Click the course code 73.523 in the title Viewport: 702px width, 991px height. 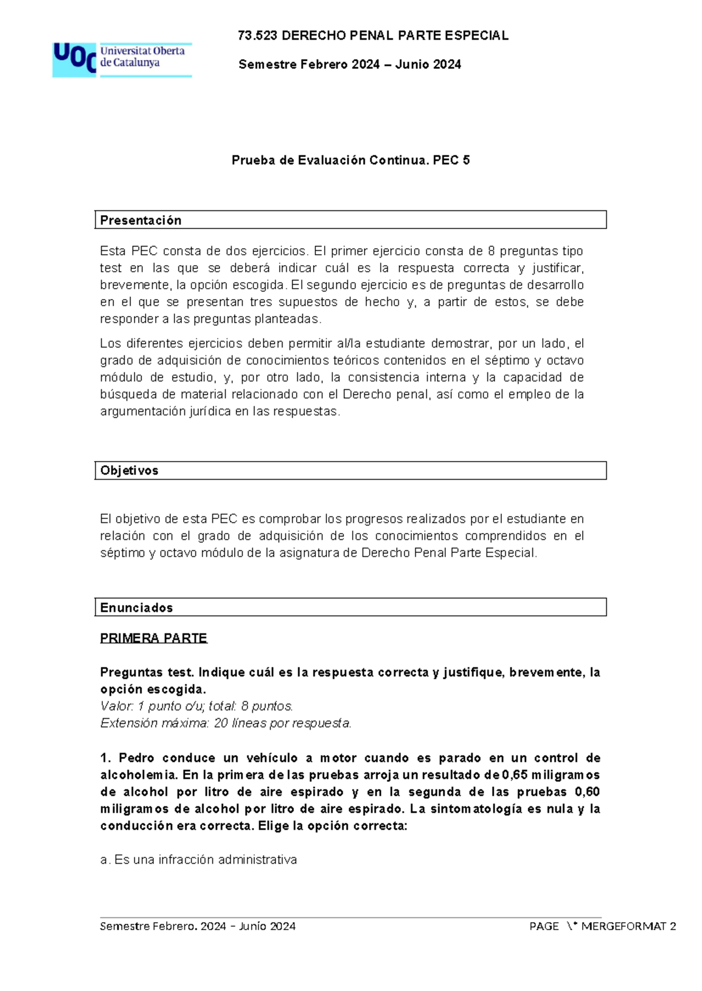click(258, 36)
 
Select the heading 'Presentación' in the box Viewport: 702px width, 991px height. click(141, 220)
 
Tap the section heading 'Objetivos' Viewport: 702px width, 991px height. click(129, 470)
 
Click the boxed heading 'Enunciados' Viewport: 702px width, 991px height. click(136, 608)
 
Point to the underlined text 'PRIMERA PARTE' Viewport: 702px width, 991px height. click(153, 638)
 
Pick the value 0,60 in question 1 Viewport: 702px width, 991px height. click(587, 792)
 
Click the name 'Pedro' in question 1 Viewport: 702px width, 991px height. click(137, 758)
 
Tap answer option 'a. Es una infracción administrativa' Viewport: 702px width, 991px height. click(199, 860)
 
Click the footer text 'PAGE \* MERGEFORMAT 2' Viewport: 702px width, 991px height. click(602, 926)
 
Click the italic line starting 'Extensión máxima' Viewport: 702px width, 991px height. click(226, 723)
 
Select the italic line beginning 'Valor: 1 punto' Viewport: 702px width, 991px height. click(197, 706)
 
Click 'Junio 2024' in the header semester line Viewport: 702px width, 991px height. click(428, 65)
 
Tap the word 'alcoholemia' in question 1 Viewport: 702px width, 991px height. click(138, 775)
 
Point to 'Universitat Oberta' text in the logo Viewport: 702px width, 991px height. click(142, 51)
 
